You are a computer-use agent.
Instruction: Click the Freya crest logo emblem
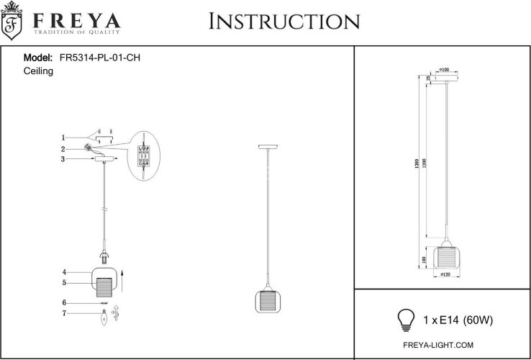click(13, 25)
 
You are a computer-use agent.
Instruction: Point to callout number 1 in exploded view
click(63, 137)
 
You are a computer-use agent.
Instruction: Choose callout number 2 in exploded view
click(63, 148)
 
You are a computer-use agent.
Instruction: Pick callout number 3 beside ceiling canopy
click(63, 159)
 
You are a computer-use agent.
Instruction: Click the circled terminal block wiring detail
click(144, 157)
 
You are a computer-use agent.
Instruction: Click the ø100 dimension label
click(445, 70)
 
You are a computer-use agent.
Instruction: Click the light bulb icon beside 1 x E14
click(407, 317)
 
